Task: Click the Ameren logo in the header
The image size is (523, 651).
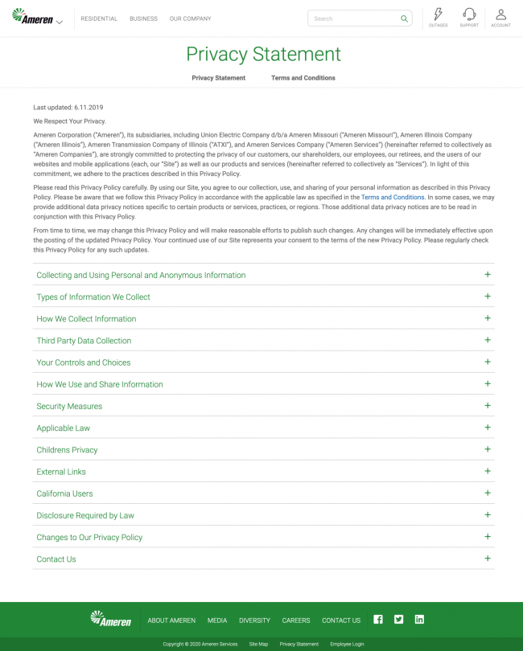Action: coord(33,17)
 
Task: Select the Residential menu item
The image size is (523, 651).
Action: coord(99,18)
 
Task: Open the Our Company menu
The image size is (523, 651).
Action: coord(190,18)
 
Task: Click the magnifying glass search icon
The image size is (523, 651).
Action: coord(404,18)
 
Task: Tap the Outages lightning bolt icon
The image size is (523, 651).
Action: coord(438,14)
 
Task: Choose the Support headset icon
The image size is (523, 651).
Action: coord(469,14)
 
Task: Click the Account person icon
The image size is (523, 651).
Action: coord(500,14)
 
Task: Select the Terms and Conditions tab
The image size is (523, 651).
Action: coord(303,78)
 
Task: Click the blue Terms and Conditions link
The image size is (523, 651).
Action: coord(393,197)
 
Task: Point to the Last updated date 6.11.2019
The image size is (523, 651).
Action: coord(89,108)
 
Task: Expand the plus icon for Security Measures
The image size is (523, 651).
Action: coord(488,406)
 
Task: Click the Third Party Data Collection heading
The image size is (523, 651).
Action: coord(84,341)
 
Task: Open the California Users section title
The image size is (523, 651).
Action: coord(64,493)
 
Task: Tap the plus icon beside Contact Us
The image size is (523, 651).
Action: coord(488,559)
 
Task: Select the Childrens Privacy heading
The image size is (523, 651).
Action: coord(67,450)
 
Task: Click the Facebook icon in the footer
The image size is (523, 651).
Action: coord(378,620)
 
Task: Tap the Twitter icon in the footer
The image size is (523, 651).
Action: coord(398,620)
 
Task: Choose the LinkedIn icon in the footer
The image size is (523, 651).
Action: coord(419,620)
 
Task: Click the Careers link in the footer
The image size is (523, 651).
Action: coord(295,620)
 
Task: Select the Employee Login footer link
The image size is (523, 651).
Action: coord(347,644)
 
